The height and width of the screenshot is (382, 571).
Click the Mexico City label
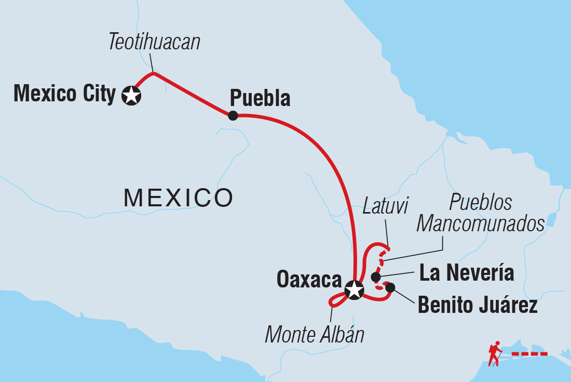(x=64, y=95)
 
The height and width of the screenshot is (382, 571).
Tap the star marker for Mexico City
(x=131, y=96)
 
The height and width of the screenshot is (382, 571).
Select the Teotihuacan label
(x=154, y=42)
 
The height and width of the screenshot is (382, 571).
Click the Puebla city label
(x=260, y=98)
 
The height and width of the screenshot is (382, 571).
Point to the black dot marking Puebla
(x=233, y=115)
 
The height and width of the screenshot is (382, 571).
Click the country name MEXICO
(x=178, y=197)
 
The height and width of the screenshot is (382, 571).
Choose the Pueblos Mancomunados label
(x=480, y=213)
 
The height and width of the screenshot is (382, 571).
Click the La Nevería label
(x=467, y=273)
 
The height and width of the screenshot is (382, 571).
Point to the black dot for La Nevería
(x=376, y=277)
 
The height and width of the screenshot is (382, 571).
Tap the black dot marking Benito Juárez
(x=390, y=287)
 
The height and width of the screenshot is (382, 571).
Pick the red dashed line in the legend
(x=529, y=353)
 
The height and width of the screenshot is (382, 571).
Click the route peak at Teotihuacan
(x=154, y=73)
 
